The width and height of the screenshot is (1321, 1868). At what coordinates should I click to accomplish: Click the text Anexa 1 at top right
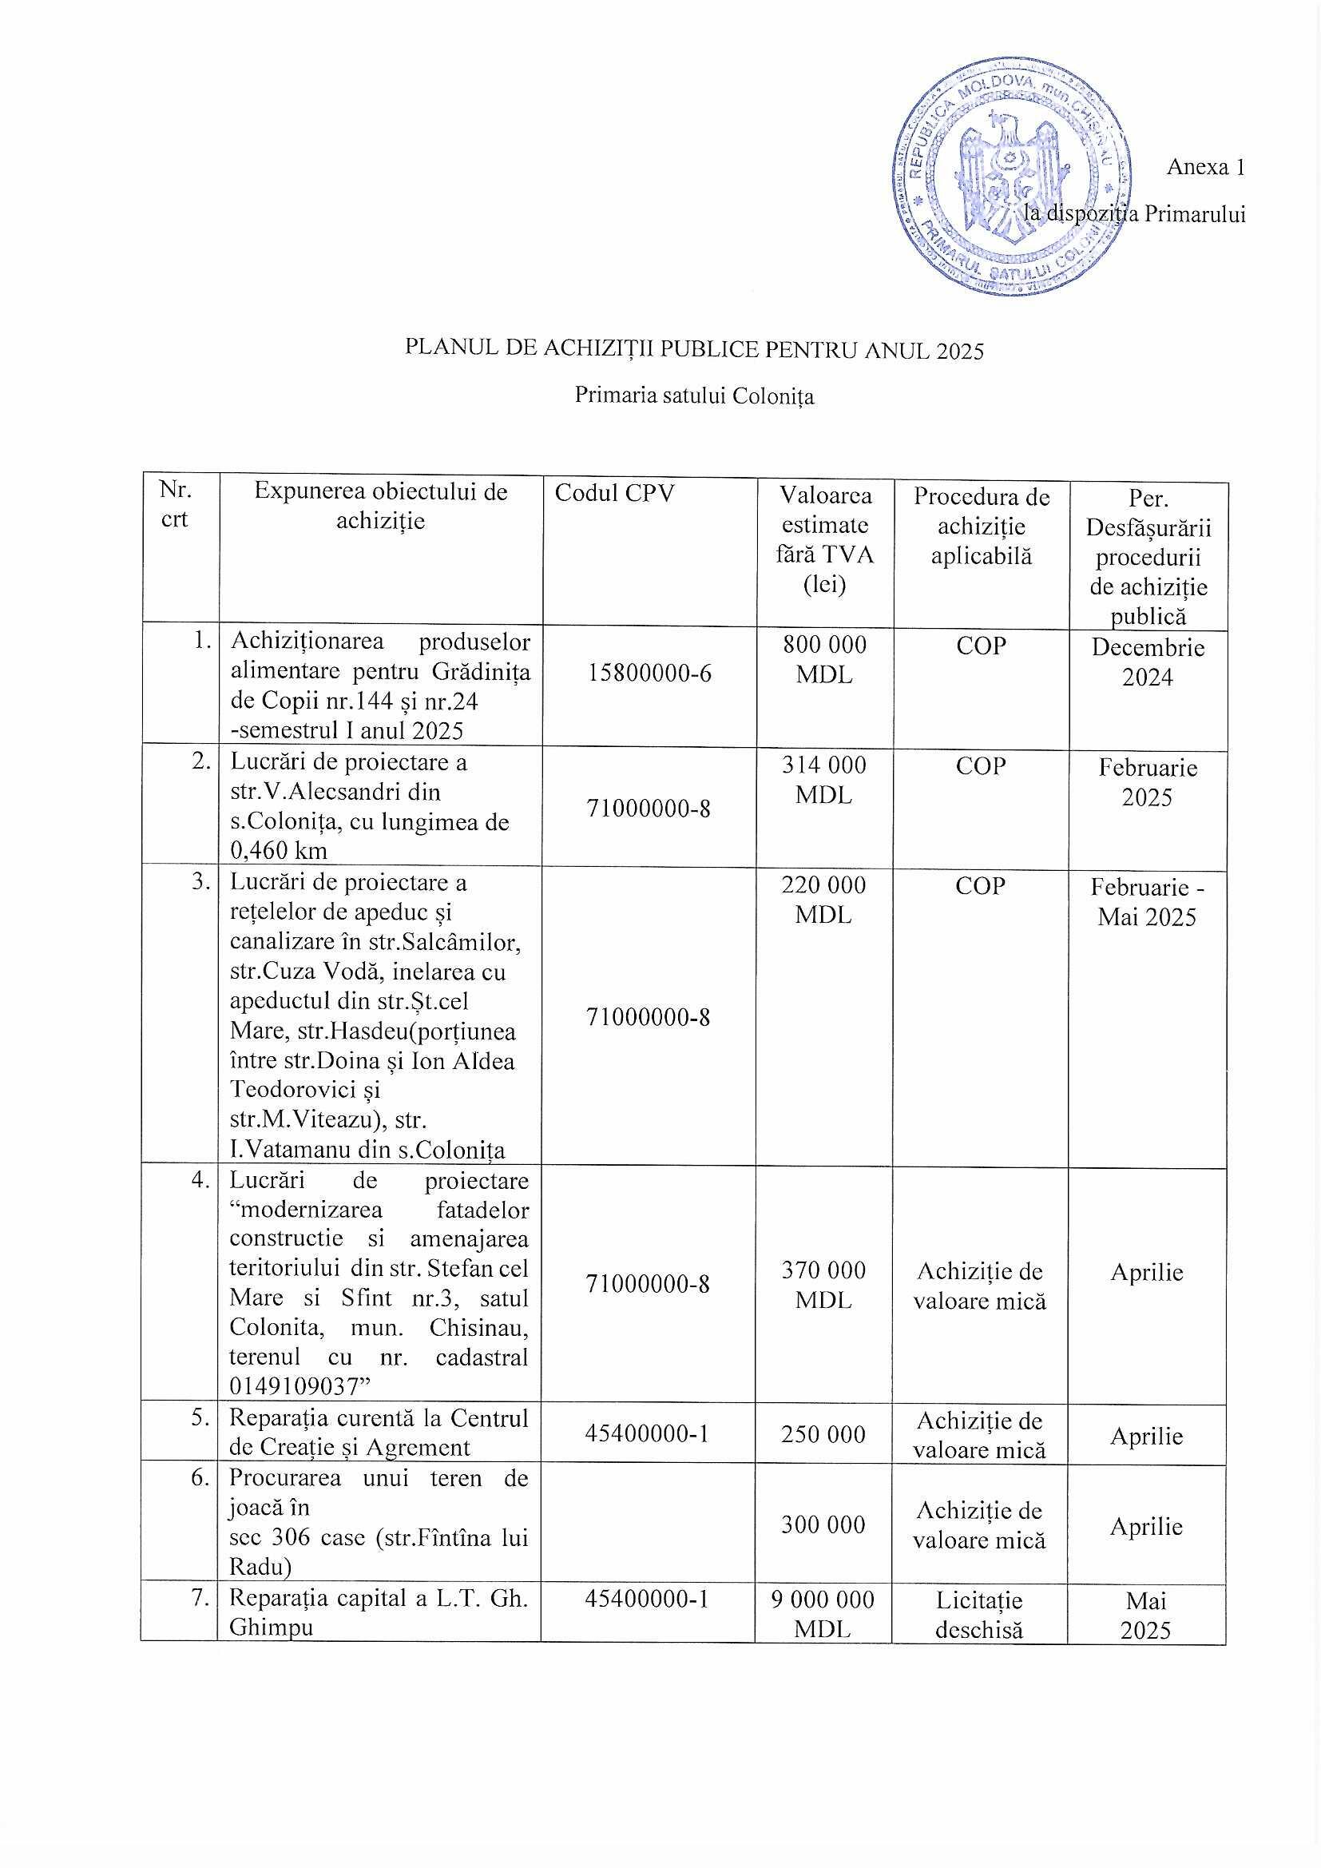click(x=1204, y=167)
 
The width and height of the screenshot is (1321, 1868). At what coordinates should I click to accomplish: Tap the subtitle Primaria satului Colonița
click(x=694, y=395)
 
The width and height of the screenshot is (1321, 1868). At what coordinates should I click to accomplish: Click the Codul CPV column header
click(x=614, y=493)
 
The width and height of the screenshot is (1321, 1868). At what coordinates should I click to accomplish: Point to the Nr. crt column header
click(x=175, y=504)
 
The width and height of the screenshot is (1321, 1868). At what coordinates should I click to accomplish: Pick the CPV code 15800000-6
click(x=649, y=673)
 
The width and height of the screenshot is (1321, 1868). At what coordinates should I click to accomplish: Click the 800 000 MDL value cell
click(x=824, y=660)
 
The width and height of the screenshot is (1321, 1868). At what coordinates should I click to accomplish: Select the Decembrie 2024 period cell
click(x=1147, y=662)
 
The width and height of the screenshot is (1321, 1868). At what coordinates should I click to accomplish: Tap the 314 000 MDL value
click(x=824, y=780)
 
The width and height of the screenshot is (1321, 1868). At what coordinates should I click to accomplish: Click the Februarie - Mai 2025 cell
click(x=1147, y=901)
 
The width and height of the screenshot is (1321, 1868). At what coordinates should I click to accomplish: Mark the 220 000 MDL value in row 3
click(x=824, y=900)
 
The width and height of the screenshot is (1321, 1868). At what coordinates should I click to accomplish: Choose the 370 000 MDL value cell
click(x=823, y=1285)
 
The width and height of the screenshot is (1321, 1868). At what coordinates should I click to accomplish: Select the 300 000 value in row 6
click(x=823, y=1524)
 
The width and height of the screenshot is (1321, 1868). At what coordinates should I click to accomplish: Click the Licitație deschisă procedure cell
click(x=979, y=1615)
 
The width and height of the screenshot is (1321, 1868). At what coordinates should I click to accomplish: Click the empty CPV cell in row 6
click(x=649, y=1523)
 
